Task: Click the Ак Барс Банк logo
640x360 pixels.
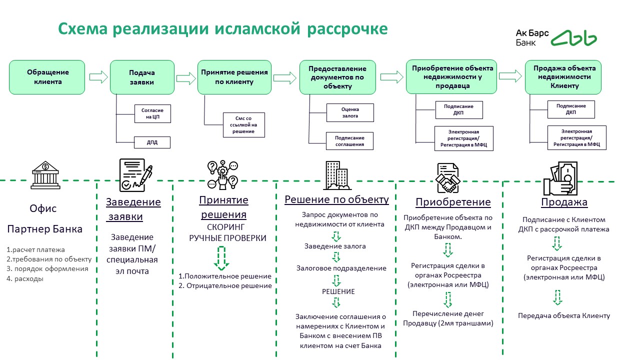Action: (555, 38)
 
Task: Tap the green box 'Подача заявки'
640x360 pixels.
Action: (142, 77)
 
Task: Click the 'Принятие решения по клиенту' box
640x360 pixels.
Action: (234, 77)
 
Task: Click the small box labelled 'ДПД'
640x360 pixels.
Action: (152, 142)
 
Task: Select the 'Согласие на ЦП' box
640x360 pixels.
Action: (152, 113)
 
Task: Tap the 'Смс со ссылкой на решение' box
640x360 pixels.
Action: (243, 125)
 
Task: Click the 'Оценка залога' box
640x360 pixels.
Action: (350, 112)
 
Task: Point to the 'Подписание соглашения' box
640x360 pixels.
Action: (350, 141)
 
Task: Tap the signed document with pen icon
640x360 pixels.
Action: (135, 175)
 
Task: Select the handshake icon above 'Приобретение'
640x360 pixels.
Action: (447, 178)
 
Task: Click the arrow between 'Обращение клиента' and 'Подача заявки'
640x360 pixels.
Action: (99, 77)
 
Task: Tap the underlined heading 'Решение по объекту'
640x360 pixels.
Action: (336, 200)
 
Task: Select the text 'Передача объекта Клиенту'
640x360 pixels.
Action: (564, 315)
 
